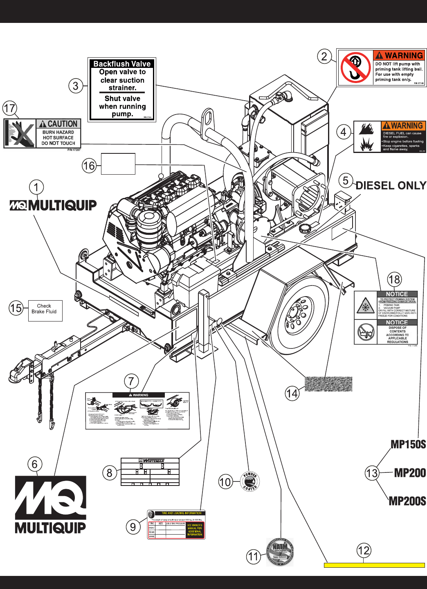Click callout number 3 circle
tap(76, 86)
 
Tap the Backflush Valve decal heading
tap(122, 64)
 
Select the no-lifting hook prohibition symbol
tap(355, 67)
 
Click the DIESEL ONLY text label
tap(391, 186)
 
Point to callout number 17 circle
tap(9, 108)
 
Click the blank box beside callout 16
tap(118, 164)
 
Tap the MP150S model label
tap(408, 445)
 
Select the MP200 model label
tap(410, 473)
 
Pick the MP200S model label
tap(407, 501)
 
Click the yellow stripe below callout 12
tap(374, 565)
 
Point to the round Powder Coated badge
tap(249, 481)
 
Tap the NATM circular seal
tap(280, 552)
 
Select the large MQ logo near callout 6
tap(51, 504)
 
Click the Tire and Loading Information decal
tap(176, 525)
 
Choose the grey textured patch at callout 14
tap(328, 384)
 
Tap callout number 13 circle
tap(372, 473)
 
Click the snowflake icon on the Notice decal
tap(365, 307)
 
